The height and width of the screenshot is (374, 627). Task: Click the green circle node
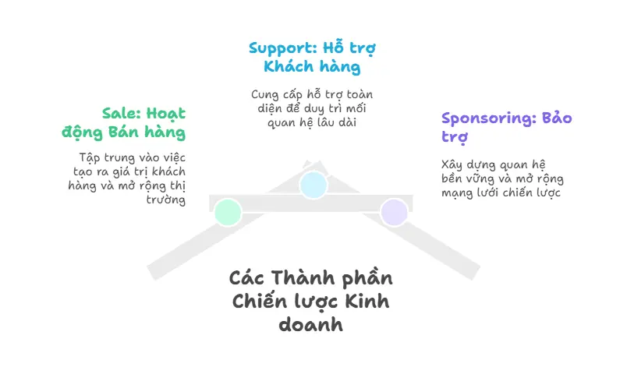227,212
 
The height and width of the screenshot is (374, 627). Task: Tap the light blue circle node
313,185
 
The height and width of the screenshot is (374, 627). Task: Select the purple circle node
394,212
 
